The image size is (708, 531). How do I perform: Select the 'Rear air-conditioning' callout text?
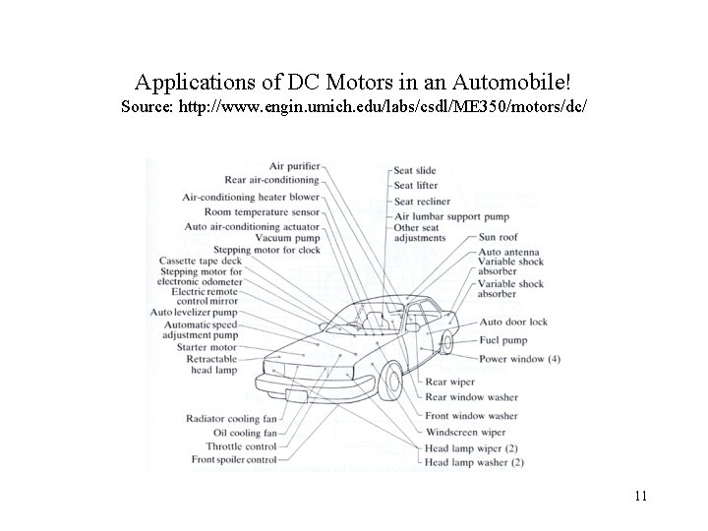(272, 180)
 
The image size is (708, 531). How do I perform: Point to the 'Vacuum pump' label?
(286, 237)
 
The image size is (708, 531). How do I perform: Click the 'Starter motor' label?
(207, 347)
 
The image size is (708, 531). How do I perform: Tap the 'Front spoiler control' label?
(234, 459)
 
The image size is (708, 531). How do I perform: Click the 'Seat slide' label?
(415, 170)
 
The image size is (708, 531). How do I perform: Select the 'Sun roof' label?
(500, 237)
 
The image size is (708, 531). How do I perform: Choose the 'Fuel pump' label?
(504, 340)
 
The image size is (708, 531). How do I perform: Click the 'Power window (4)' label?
(518, 359)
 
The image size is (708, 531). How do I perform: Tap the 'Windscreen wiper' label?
(465, 432)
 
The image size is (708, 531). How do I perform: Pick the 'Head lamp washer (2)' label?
(474, 461)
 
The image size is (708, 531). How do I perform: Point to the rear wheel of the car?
(447, 341)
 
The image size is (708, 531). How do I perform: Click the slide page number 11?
(640, 496)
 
